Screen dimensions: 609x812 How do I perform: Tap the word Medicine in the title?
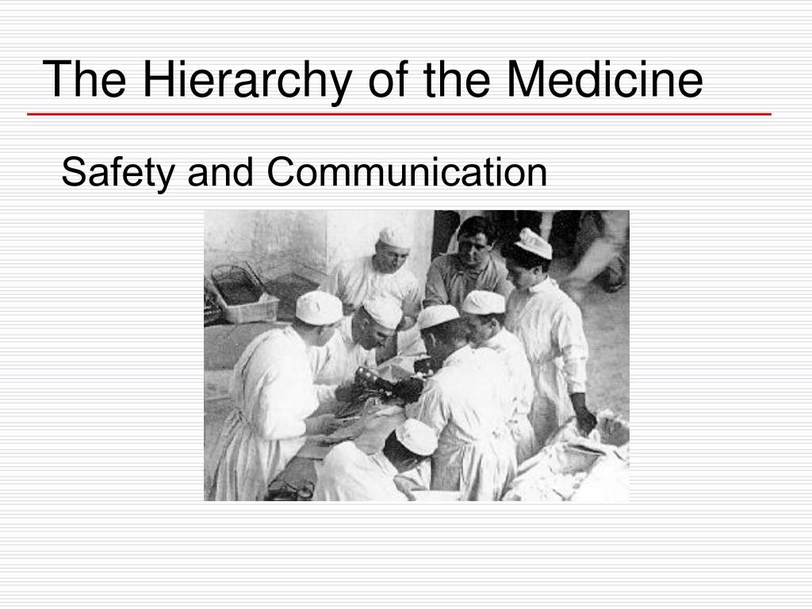pyautogui.click(x=606, y=79)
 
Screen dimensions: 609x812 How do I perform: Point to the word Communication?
pyautogui.click(x=407, y=173)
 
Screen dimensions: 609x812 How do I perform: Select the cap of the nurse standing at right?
pyautogui.click(x=533, y=243)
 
